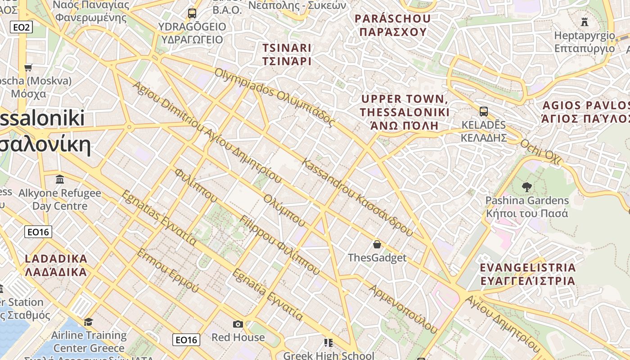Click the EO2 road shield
coord(21,27)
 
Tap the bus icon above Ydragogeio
coord(192,13)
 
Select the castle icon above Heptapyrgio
coord(584,21)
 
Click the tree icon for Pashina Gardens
coord(526,187)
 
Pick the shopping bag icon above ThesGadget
coord(377,244)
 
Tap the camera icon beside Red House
coord(238,324)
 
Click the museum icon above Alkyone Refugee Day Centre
coord(60,180)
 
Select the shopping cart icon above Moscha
coord(28,68)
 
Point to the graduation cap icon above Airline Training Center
coord(88,322)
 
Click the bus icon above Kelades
coord(484,111)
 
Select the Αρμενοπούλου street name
coord(403,309)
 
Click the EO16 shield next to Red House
coord(186,340)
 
